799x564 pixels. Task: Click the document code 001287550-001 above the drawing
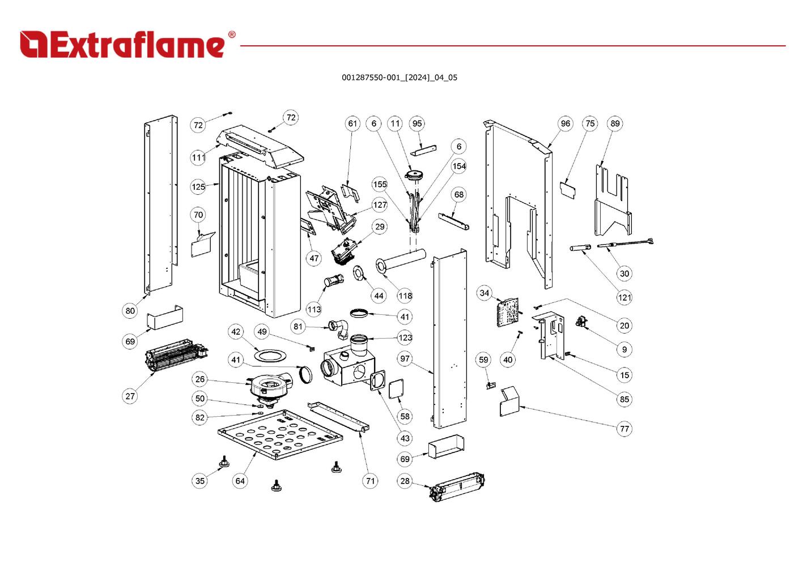click(399, 78)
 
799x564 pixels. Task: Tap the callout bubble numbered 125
click(198, 186)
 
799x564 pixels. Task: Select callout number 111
click(198, 157)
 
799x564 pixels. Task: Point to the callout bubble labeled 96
click(565, 123)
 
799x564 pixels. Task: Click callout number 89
click(615, 123)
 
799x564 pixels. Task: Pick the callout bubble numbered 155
click(380, 184)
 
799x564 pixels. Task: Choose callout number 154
click(459, 166)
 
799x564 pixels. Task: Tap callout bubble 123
click(405, 337)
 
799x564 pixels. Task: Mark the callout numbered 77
click(624, 429)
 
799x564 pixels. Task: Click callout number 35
click(200, 481)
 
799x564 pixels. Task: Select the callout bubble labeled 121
click(624, 297)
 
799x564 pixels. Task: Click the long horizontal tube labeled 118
click(402, 261)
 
